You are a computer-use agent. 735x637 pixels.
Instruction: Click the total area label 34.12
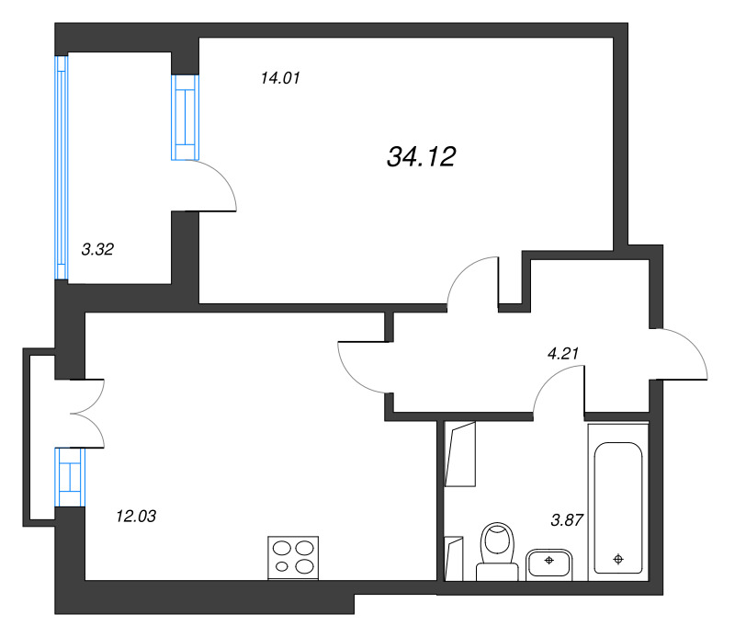click(421, 156)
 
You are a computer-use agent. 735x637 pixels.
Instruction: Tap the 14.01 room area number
click(280, 78)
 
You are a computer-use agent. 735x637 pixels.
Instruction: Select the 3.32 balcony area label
click(97, 249)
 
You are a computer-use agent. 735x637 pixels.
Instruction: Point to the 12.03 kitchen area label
click(136, 517)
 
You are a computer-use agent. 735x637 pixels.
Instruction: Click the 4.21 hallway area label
click(563, 353)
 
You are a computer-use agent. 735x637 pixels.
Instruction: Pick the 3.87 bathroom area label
click(567, 520)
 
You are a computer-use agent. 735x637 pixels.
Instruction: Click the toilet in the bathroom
click(497, 552)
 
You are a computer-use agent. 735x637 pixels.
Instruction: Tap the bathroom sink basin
click(548, 564)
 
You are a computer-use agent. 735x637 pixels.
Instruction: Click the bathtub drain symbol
click(618, 559)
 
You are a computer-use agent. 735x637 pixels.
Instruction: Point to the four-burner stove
click(293, 558)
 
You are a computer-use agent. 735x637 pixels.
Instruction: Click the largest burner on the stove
click(305, 566)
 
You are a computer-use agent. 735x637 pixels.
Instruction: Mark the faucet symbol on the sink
click(548, 560)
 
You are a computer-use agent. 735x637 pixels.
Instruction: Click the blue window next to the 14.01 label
click(186, 118)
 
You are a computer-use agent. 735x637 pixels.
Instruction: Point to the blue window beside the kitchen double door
click(70, 477)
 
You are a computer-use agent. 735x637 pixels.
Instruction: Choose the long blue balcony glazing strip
click(62, 167)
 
